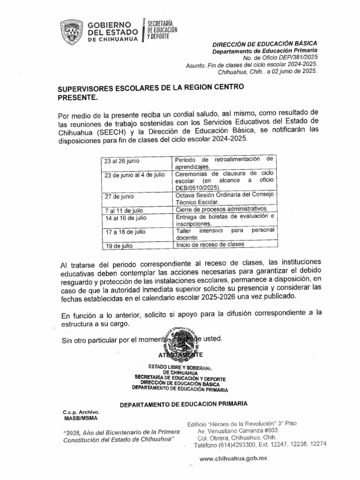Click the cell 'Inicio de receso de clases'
point(210,245)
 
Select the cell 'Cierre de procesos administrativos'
point(222,209)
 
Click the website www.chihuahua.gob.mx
point(233,459)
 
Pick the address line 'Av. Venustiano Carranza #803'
point(238,430)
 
